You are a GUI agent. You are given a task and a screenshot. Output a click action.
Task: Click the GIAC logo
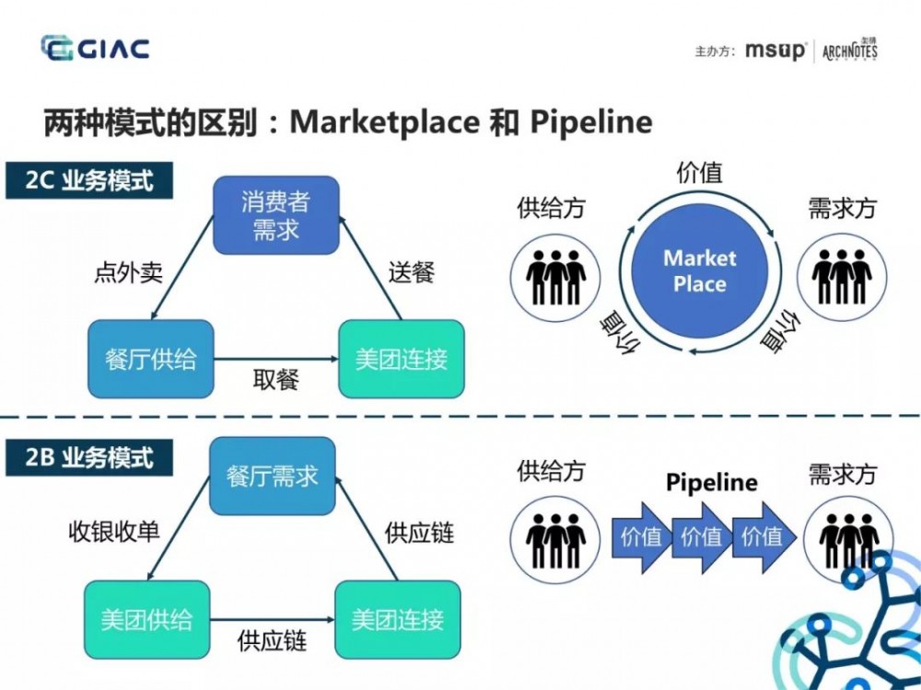pos(95,49)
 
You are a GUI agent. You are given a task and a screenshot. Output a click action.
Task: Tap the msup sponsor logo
pos(775,51)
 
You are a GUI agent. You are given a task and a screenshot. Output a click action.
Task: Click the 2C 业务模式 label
pos(89,180)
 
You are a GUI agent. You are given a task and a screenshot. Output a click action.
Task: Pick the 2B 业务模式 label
pos(89,457)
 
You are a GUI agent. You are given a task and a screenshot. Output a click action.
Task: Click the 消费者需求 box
pos(276,215)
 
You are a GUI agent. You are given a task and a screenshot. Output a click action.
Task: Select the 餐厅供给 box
pos(151,359)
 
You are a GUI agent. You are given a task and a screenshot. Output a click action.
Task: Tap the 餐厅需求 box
pos(272,476)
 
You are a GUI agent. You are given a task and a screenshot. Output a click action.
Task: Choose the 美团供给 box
pos(146,619)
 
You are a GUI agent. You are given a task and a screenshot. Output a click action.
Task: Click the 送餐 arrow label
pos(411,272)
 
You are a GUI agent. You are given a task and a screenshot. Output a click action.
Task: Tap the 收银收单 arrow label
pos(114,532)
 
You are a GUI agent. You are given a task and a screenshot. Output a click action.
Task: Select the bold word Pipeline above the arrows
pos(712,482)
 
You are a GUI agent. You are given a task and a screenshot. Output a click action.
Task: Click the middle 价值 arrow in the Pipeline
pos(702,535)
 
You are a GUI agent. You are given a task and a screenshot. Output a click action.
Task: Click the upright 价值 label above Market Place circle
pos(699,173)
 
